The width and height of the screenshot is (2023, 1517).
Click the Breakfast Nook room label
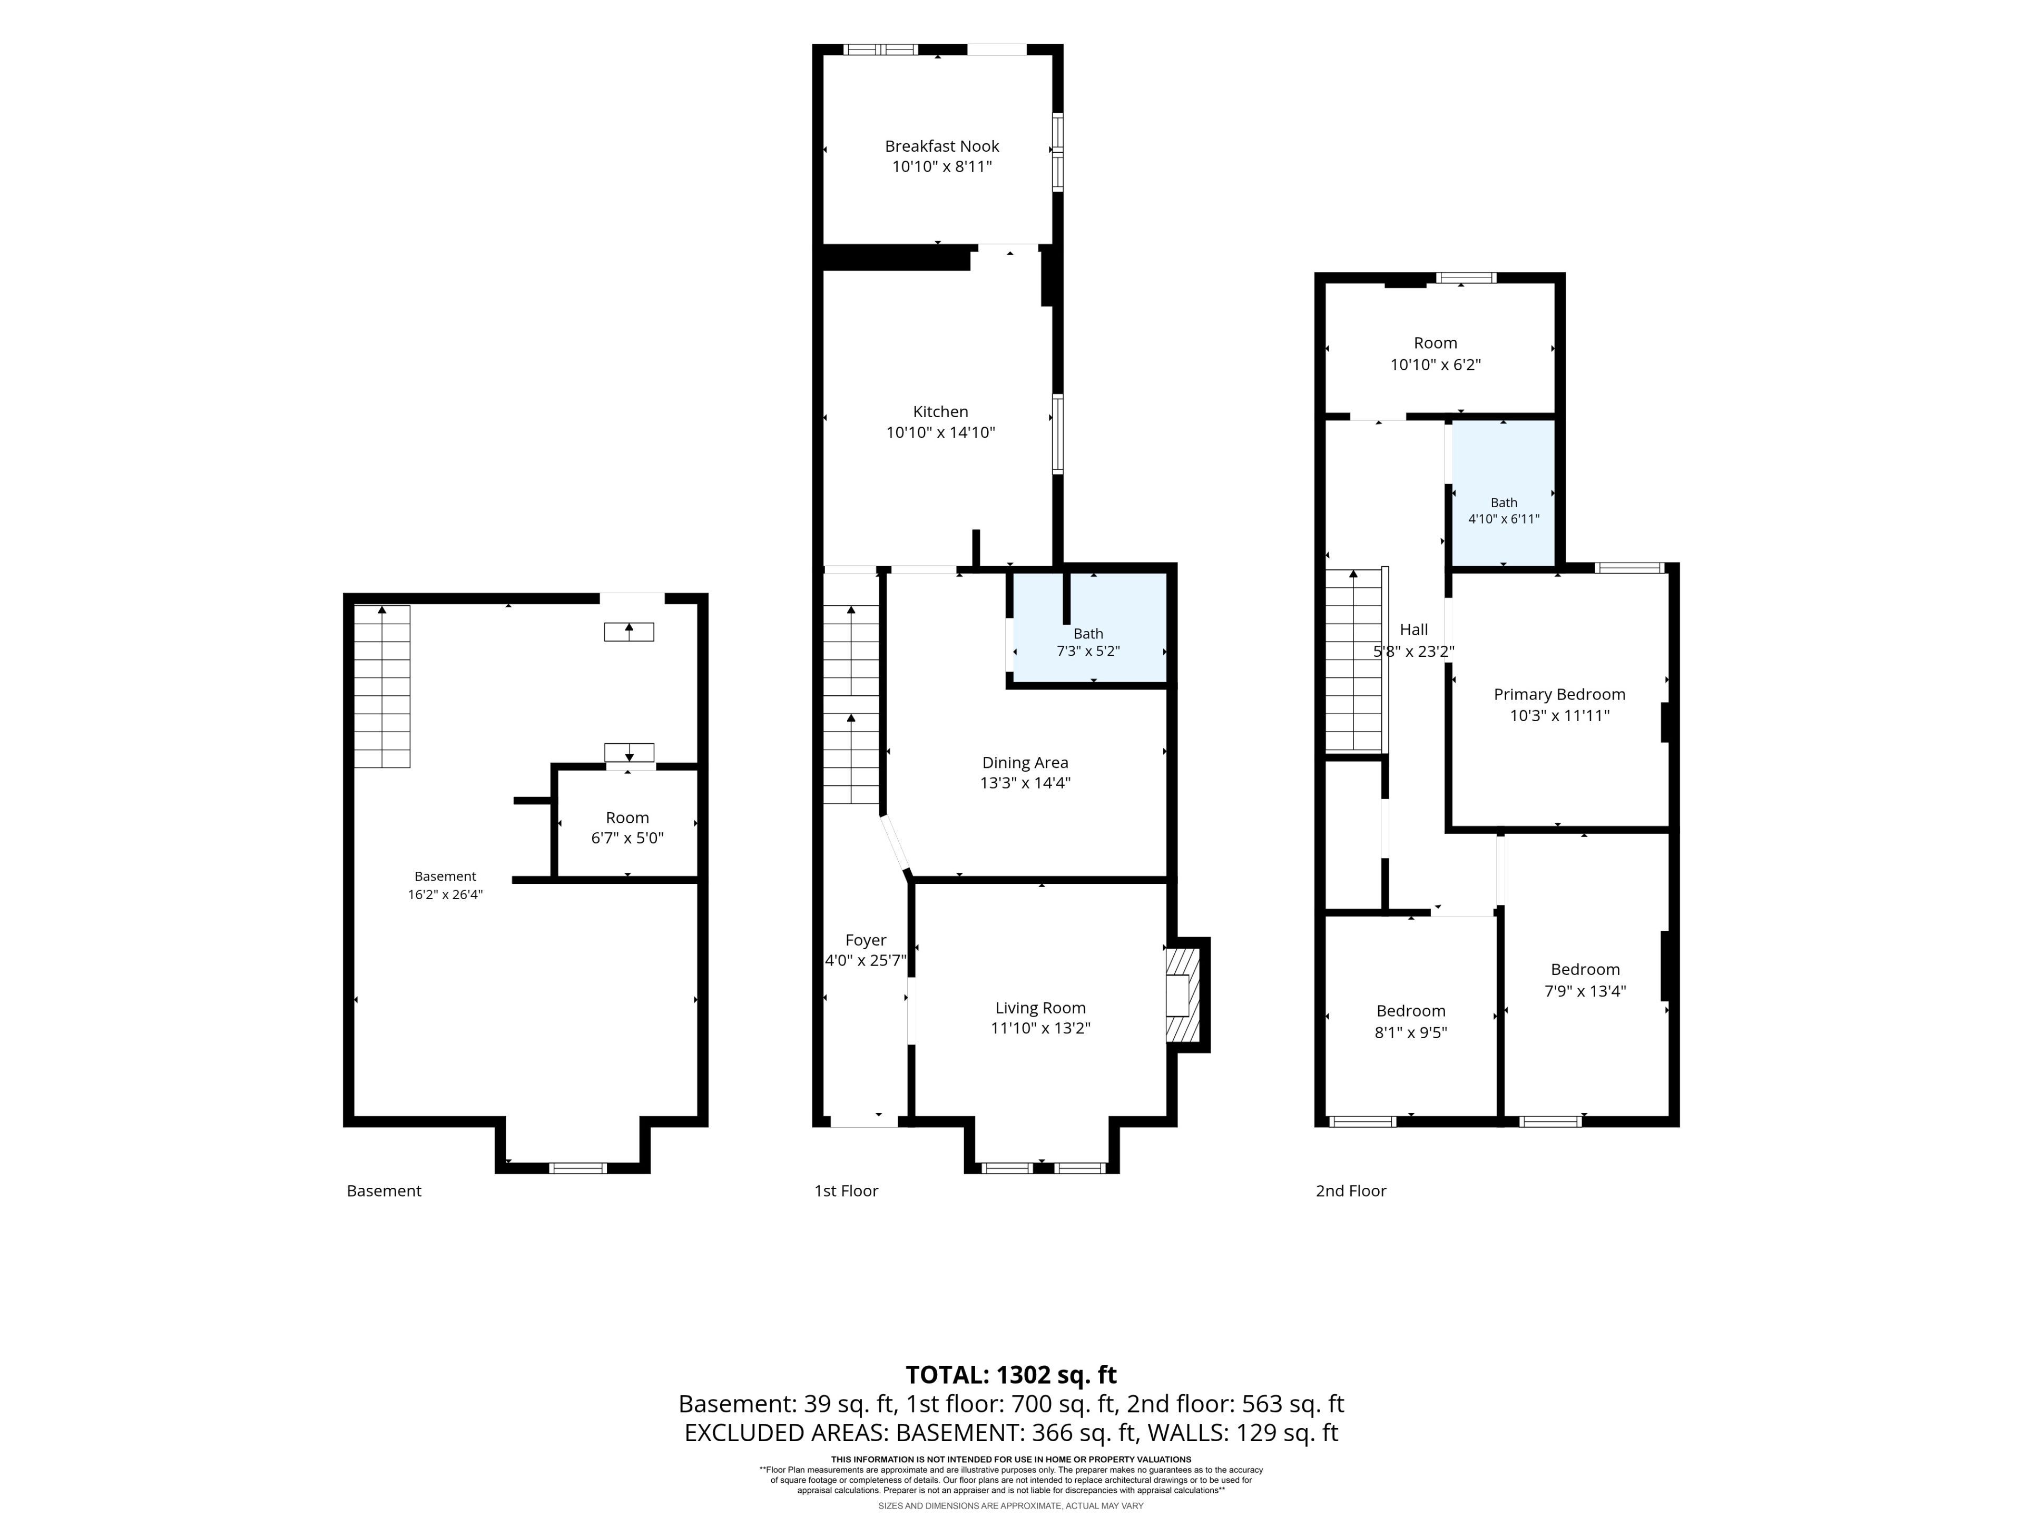click(942, 146)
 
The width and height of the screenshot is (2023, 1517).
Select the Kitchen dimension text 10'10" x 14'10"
click(940, 432)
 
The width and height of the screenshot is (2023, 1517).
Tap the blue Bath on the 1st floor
click(1088, 628)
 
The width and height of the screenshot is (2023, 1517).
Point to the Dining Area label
click(1025, 763)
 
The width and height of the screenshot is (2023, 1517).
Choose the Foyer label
click(865, 940)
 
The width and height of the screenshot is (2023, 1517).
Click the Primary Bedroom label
click(1559, 695)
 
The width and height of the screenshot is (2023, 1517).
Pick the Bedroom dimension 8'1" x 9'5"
click(1411, 1032)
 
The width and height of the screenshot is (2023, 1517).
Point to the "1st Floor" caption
click(846, 1190)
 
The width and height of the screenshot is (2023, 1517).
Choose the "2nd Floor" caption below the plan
click(1351, 1190)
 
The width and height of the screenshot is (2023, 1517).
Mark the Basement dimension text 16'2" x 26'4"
click(445, 894)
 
